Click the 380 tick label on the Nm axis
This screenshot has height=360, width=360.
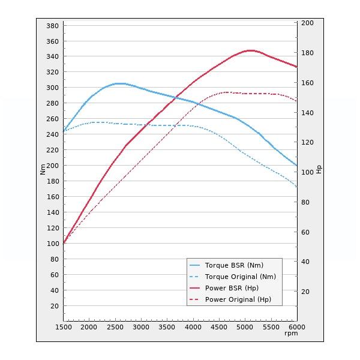52,26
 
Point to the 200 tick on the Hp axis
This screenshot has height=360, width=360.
307,23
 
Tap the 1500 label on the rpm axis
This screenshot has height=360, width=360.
63,327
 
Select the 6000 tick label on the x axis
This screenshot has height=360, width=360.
297,327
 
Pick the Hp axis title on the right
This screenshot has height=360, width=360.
319,169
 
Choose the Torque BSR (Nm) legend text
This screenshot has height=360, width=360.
234,265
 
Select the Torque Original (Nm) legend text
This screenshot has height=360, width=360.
240,277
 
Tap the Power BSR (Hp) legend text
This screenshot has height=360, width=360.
232,288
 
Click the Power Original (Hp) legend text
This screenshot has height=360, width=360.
238,299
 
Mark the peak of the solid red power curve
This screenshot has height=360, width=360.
250,50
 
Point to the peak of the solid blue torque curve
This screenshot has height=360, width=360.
120,83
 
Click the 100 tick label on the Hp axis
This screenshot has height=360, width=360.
307,172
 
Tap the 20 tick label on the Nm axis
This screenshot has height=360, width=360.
54,306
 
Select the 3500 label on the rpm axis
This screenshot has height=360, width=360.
166,327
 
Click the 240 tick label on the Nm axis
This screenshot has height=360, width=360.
52,135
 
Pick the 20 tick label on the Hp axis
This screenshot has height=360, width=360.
305,292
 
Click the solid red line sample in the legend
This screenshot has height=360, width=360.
194,288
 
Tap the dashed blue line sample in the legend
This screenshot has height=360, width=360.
194,277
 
